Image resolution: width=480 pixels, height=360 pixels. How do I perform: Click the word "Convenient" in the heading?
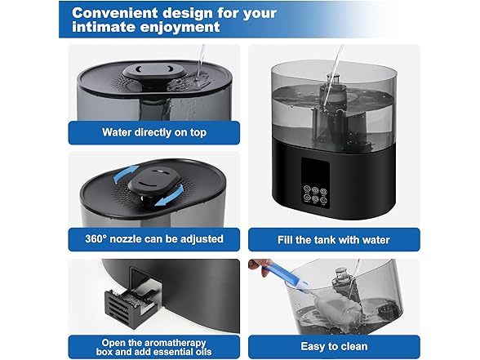point(115,13)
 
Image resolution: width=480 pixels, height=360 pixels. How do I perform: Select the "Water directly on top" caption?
point(154,132)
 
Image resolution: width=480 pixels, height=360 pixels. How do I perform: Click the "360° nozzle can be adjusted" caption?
point(154,238)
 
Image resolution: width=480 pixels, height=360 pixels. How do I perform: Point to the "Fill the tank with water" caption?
point(334,240)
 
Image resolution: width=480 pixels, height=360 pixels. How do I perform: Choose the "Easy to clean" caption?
point(334,346)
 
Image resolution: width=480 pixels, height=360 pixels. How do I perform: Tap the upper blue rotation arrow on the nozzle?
point(125,173)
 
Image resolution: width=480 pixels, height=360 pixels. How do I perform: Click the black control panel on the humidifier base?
point(315,183)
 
